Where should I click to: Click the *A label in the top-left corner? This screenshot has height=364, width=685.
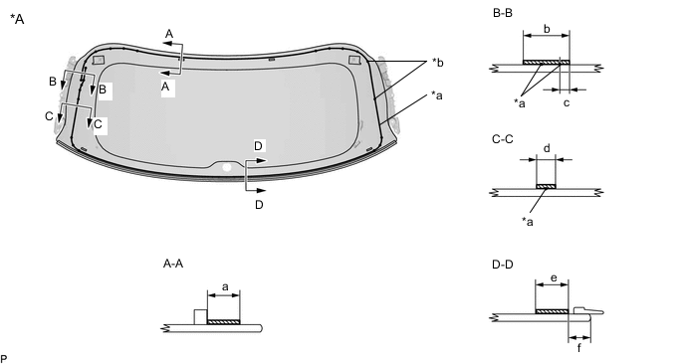point(17,19)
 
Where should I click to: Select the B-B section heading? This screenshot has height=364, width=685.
point(503,13)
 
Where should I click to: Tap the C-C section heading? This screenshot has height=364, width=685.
point(503,139)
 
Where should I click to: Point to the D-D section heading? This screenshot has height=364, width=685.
point(503,265)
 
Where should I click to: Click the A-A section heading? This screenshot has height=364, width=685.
point(173,264)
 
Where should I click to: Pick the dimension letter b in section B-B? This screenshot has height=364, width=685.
point(547,29)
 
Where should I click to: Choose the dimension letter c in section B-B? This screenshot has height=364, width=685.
point(567,103)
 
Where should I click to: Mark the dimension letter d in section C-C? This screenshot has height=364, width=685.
point(547,149)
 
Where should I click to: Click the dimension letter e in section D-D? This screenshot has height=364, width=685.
point(554,278)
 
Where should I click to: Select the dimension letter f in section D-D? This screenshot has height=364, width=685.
point(579,348)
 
